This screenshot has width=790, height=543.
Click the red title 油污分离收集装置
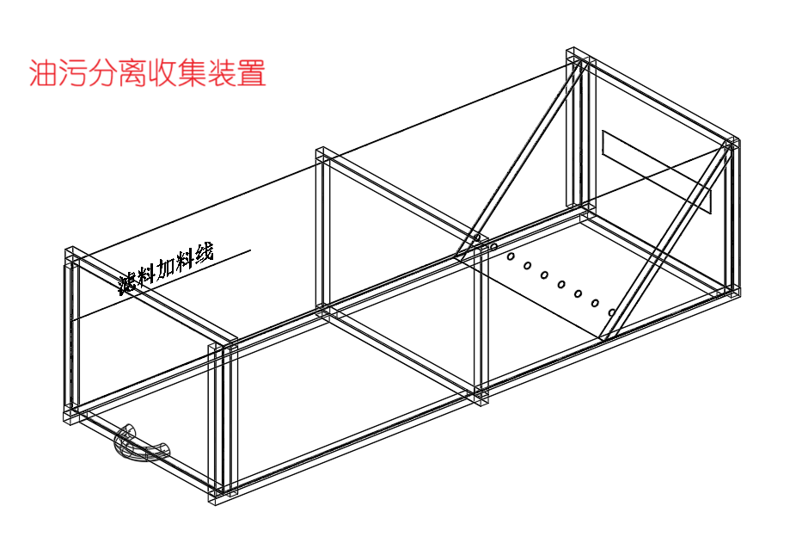point(147,73)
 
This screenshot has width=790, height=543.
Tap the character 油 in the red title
point(43,73)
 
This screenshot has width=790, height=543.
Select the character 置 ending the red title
point(252,73)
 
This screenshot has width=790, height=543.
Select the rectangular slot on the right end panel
point(657,171)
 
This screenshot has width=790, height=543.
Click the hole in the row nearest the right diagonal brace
point(612,312)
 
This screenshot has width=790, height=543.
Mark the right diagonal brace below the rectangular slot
point(666,245)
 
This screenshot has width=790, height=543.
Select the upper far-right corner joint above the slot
point(731,145)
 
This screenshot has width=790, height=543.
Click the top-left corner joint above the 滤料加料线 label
point(72,256)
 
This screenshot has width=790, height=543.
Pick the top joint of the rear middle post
point(325,156)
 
